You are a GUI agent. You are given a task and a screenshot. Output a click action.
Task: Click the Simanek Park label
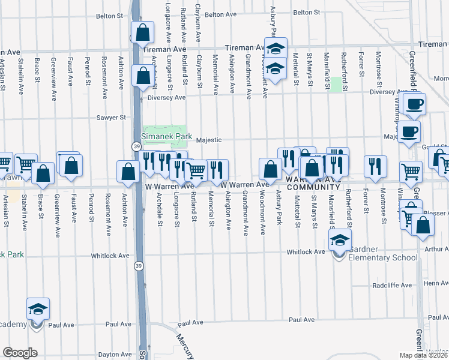click(167, 136)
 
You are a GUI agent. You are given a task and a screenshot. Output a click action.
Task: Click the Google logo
click(20, 353)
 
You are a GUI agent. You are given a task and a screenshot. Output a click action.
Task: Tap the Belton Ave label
click(220, 14)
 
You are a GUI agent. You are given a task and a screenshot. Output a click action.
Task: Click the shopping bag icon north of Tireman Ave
click(142, 35)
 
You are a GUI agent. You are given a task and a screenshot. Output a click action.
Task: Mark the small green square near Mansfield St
click(337, 84)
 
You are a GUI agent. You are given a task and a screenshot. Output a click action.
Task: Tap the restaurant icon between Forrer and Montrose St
click(375, 167)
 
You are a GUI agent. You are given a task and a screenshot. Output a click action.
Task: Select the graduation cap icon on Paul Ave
click(38, 310)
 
